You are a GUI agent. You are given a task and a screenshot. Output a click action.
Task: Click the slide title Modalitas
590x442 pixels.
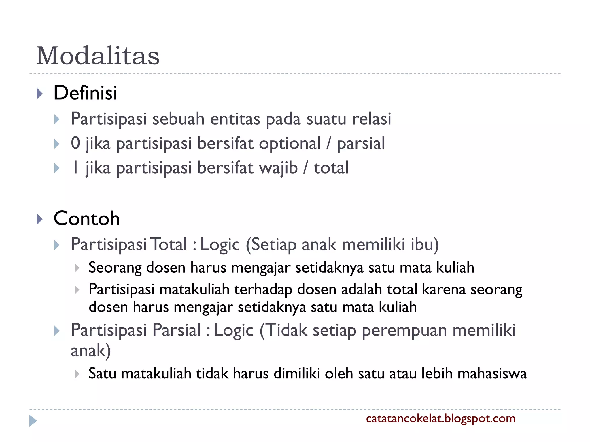point(98,56)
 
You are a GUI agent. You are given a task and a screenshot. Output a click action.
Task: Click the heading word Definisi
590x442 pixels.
point(85,93)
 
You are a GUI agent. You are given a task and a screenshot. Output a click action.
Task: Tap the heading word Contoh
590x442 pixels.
point(86,218)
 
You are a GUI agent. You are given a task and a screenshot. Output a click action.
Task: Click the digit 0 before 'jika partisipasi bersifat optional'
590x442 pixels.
point(75,143)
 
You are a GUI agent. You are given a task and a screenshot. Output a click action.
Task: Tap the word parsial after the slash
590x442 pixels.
point(361,144)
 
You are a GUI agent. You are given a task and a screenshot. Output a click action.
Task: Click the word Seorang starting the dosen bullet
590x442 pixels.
point(115,268)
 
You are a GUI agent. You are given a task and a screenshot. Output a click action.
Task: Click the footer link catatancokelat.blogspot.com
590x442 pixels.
point(440,418)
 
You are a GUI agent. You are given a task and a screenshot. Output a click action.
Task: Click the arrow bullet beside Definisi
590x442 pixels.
point(40,94)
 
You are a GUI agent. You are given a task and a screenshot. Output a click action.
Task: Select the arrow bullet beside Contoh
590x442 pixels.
point(40,219)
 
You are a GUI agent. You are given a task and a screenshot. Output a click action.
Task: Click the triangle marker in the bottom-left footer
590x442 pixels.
point(33,421)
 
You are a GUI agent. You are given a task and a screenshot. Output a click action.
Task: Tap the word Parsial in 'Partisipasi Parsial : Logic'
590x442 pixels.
point(176,330)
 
